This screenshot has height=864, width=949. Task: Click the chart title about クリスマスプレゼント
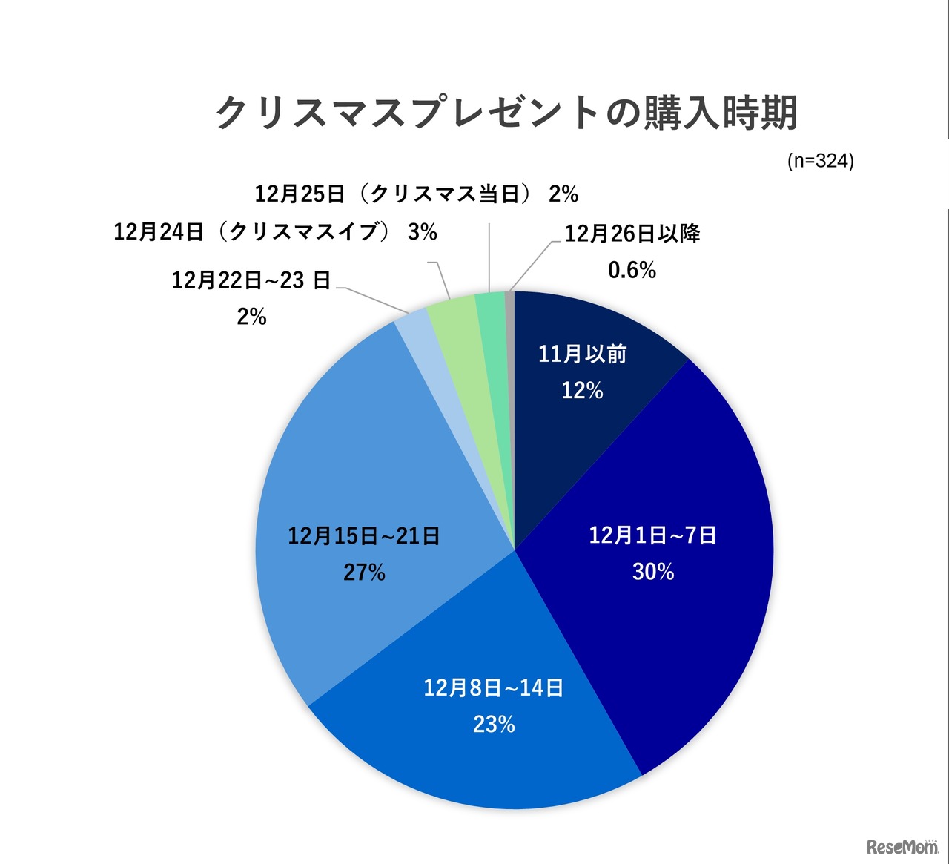[506, 113]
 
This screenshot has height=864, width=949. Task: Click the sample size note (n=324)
[820, 161]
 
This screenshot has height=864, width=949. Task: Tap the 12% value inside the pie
[582, 391]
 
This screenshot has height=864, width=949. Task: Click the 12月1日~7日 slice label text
[652, 535]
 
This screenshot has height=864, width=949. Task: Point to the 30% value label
[653, 572]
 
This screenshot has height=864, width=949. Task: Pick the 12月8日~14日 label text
[494, 687]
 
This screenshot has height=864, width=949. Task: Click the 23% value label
[494, 725]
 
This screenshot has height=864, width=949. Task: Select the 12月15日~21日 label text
[364, 535]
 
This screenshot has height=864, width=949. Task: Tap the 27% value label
[364, 573]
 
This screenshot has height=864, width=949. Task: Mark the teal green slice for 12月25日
[491, 306]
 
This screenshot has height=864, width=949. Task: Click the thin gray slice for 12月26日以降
[509, 304]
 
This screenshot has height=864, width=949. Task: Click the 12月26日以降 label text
[632, 234]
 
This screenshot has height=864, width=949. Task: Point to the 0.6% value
[632, 271]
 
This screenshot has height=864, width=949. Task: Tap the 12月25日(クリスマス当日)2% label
[416, 194]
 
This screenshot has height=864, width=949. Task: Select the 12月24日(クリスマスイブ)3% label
[275, 232]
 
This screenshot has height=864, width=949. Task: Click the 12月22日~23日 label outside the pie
[251, 280]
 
